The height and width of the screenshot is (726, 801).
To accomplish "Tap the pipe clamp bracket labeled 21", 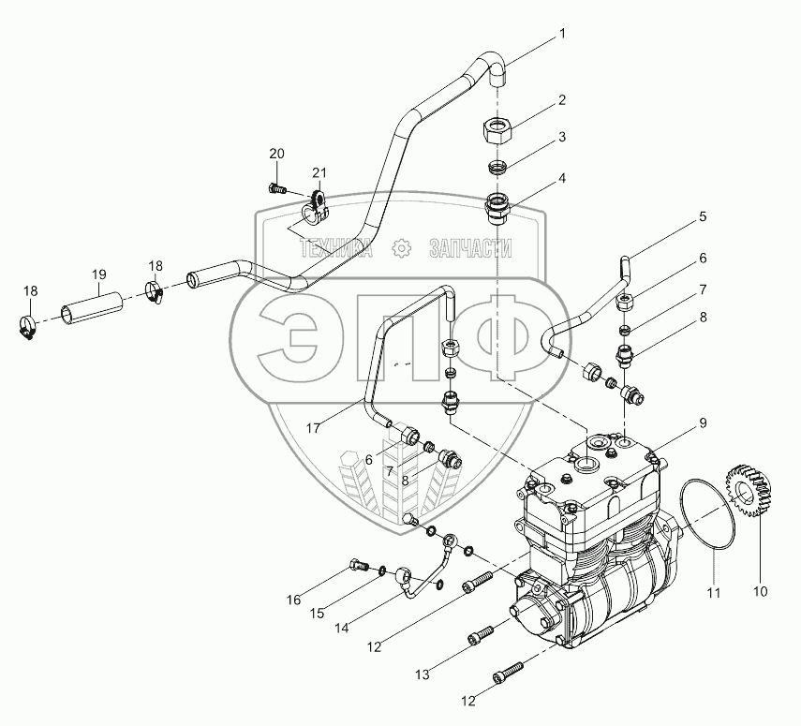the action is coord(316,207).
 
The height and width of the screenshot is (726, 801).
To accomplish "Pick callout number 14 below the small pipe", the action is coord(343,627).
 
